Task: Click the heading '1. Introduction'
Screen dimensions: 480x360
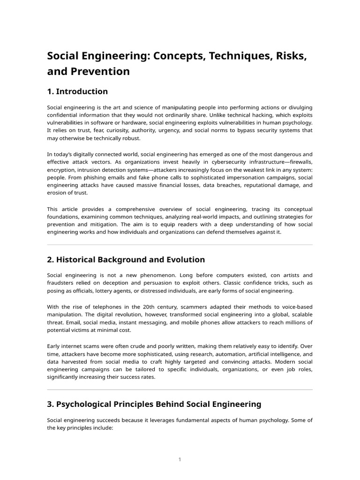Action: click(77, 91)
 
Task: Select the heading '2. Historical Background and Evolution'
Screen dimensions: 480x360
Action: click(126, 260)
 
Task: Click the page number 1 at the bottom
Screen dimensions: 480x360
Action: click(180, 460)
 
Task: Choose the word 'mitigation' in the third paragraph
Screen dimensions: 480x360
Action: click(98, 224)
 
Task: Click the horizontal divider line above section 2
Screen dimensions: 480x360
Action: click(180, 245)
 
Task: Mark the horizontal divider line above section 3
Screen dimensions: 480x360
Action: click(180, 390)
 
